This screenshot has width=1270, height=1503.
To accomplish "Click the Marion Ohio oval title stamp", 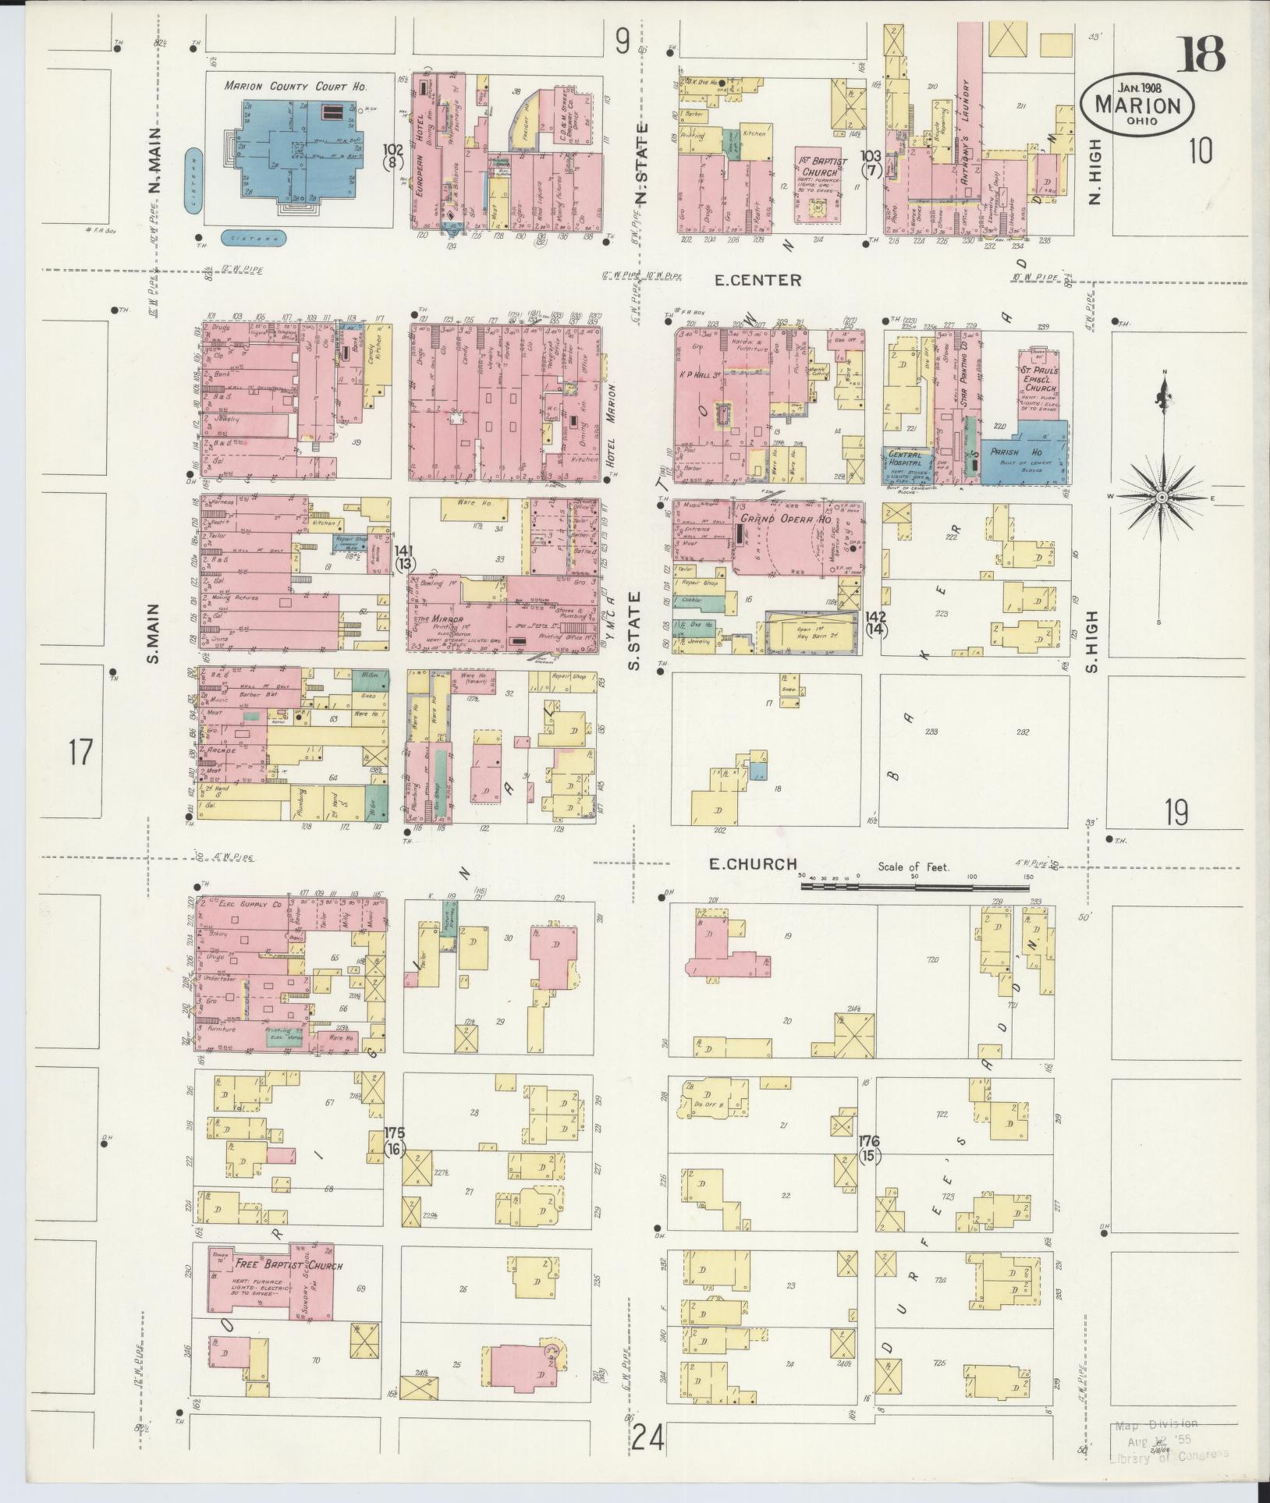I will pyautogui.click(x=1136, y=105).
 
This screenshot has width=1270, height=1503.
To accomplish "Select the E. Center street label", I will pyautogui.click(x=756, y=279).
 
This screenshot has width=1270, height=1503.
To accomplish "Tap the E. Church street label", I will pyautogui.click(x=752, y=863).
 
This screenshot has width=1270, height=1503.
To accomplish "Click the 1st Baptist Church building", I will pyautogui.click(x=818, y=183).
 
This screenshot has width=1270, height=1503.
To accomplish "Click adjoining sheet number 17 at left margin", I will pyautogui.click(x=80, y=753).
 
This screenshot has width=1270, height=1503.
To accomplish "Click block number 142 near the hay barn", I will pyautogui.click(x=875, y=622).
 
